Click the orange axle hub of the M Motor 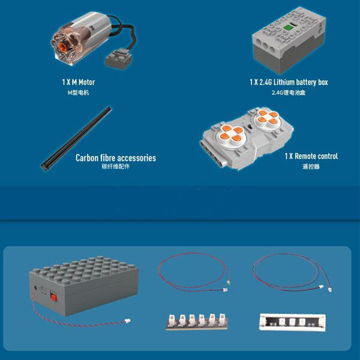[x=62, y=47]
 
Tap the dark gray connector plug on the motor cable [x=119, y=59]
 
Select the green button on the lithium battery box [x=287, y=28]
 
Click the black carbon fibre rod [x=76, y=139]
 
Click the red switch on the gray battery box [x=53, y=297]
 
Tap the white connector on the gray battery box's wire [x=127, y=320]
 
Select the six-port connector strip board [x=197, y=322]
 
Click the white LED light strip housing [x=292, y=322]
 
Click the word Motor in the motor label [x=87, y=82]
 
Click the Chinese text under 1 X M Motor [x=78, y=92]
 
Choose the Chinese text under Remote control [x=311, y=166]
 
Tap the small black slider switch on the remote [x=249, y=127]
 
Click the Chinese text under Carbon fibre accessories [x=116, y=166]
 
